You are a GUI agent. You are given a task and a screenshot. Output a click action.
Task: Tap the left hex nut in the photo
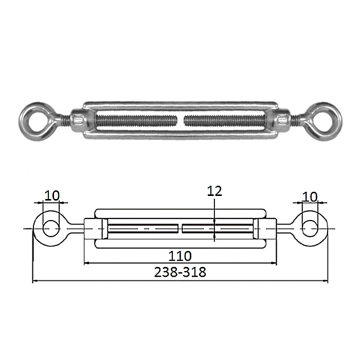click(78, 120)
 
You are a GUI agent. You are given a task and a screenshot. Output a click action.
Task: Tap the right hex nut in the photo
click(282, 120)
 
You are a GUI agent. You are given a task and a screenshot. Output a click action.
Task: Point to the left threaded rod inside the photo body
click(136, 120)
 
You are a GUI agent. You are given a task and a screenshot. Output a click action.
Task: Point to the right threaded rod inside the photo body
click(225, 120)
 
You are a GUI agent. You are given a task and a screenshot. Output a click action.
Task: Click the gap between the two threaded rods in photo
click(181, 120)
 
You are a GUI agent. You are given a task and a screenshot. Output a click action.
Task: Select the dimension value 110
click(180, 256)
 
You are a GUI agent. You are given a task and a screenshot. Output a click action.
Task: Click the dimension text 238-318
click(180, 272)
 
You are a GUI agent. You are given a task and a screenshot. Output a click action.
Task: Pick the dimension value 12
click(214, 191)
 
